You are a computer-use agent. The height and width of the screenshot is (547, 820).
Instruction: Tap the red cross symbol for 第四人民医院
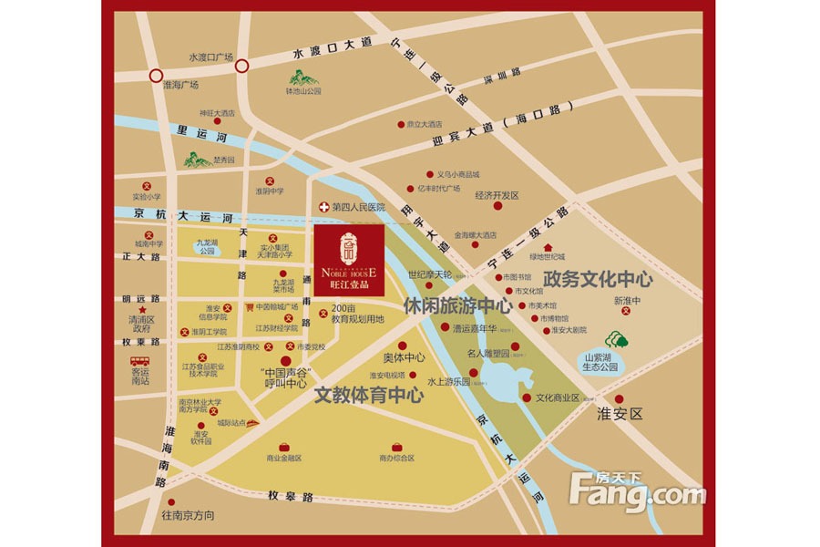tap(323, 208)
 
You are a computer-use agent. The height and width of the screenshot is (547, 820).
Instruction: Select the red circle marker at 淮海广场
tap(156, 76)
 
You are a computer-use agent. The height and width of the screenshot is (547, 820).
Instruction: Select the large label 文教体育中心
tap(369, 396)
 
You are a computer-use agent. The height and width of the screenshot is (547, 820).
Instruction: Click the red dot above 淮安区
tap(620, 399)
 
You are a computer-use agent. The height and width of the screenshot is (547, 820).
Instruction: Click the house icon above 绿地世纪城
tap(548, 247)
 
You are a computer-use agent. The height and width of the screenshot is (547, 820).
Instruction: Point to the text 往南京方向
tap(189, 515)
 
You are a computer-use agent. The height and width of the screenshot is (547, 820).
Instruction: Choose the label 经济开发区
tap(497, 195)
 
